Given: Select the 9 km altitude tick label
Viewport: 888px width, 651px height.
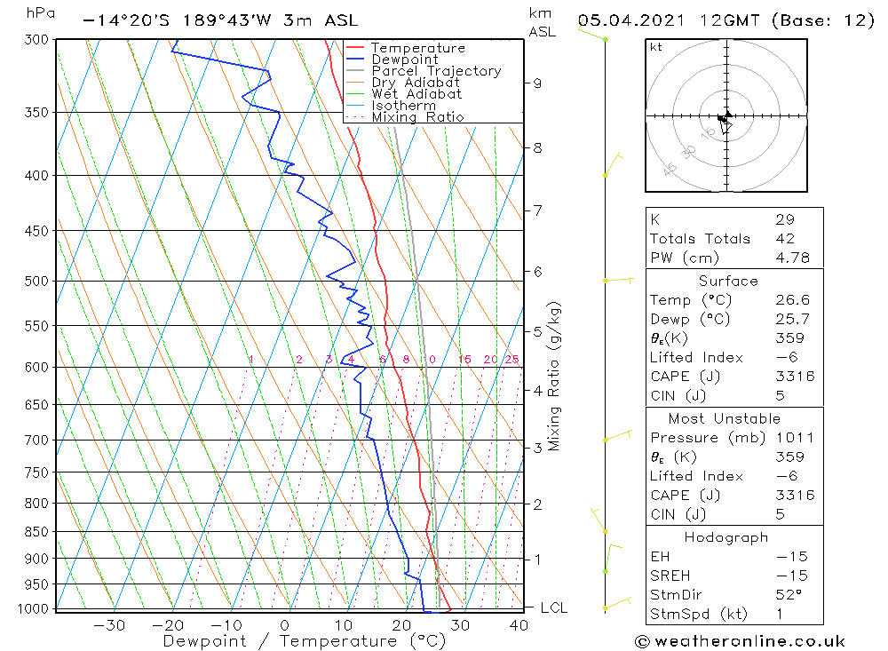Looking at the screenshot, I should click(537, 83).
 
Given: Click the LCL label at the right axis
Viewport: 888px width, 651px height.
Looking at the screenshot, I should click(553, 607).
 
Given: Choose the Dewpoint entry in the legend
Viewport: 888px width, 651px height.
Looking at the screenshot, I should click(405, 60).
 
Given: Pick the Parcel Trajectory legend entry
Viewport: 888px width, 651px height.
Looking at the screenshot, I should click(436, 71).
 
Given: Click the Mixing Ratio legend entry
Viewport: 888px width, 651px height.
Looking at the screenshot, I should click(417, 117).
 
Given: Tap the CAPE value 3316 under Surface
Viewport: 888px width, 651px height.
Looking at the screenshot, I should click(794, 376).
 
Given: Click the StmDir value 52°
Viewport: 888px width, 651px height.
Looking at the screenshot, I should click(788, 594).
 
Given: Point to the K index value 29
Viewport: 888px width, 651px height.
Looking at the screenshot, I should click(784, 219).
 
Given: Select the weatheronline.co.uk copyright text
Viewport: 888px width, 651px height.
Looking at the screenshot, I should click(740, 641).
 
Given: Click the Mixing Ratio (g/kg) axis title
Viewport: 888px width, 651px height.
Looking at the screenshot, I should click(555, 376).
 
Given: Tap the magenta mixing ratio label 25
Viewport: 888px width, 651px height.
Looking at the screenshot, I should click(511, 359).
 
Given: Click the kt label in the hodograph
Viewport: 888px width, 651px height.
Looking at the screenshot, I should click(656, 47).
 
